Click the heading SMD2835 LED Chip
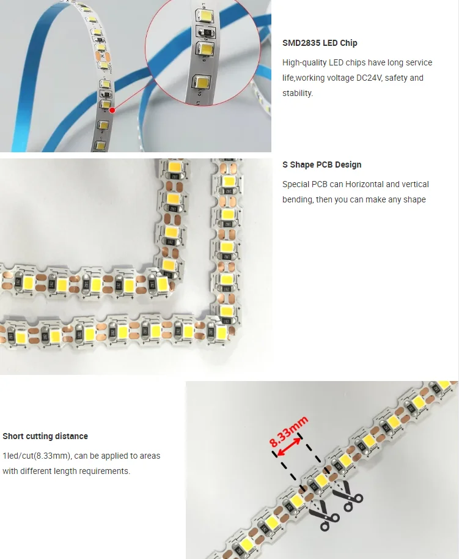pos(320,43)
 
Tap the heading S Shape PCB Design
pos(322,165)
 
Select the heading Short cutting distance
pos(45,436)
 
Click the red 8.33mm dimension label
pos(288,431)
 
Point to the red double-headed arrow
pos(288,446)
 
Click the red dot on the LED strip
pos(112,110)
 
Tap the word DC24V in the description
pos(369,78)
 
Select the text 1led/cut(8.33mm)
pos(37,456)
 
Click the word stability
pos(298,93)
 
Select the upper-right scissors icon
pos(347,494)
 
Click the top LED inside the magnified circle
pos(205,15)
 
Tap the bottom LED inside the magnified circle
pos(200,81)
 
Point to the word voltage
pos(340,78)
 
